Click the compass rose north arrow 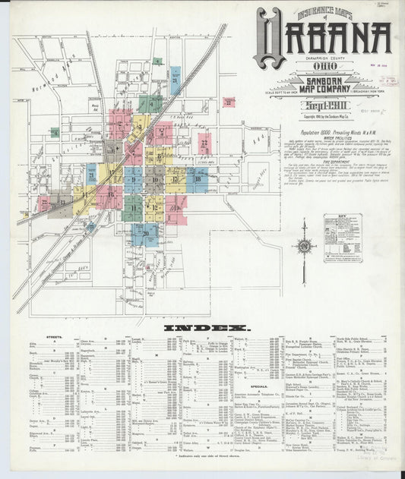coord(304,247)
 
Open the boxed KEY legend coord(342,237)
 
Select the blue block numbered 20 coord(145,234)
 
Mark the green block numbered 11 coord(133,206)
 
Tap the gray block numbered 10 coord(155,180)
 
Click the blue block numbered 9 coord(134,180)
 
